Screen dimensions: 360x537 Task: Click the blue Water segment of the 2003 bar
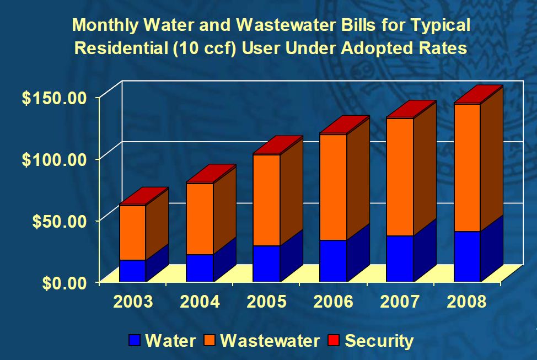(x=132, y=270)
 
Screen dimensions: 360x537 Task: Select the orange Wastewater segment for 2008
(x=466, y=167)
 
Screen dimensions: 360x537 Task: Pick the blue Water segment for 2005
(x=266, y=263)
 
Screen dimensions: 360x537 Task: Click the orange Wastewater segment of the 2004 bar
(x=200, y=218)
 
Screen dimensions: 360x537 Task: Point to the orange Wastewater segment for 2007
(x=400, y=176)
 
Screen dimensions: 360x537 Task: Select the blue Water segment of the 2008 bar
(x=466, y=256)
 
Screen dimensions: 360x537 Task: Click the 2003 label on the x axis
(x=133, y=302)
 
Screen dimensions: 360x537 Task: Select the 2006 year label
(x=333, y=302)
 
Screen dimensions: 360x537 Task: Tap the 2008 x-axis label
(x=467, y=302)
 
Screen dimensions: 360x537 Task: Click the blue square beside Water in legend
(x=134, y=340)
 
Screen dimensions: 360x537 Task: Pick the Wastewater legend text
(x=270, y=340)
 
